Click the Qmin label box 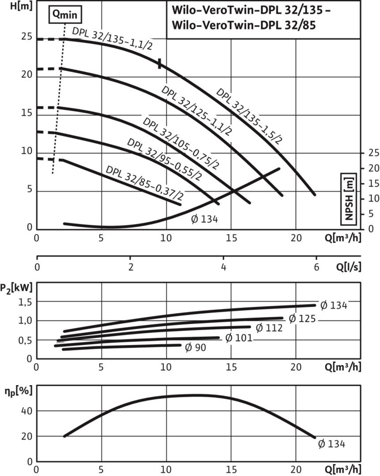(x=65, y=14)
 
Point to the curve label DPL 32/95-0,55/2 (x=164, y=160)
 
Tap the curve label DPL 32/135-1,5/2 (x=249, y=115)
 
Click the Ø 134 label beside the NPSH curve (x=204, y=219)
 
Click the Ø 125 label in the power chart (x=302, y=318)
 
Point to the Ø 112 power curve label (x=269, y=327)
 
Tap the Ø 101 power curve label (x=238, y=338)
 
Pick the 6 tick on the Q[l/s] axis (x=316, y=267)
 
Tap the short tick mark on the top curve (x=160, y=63)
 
